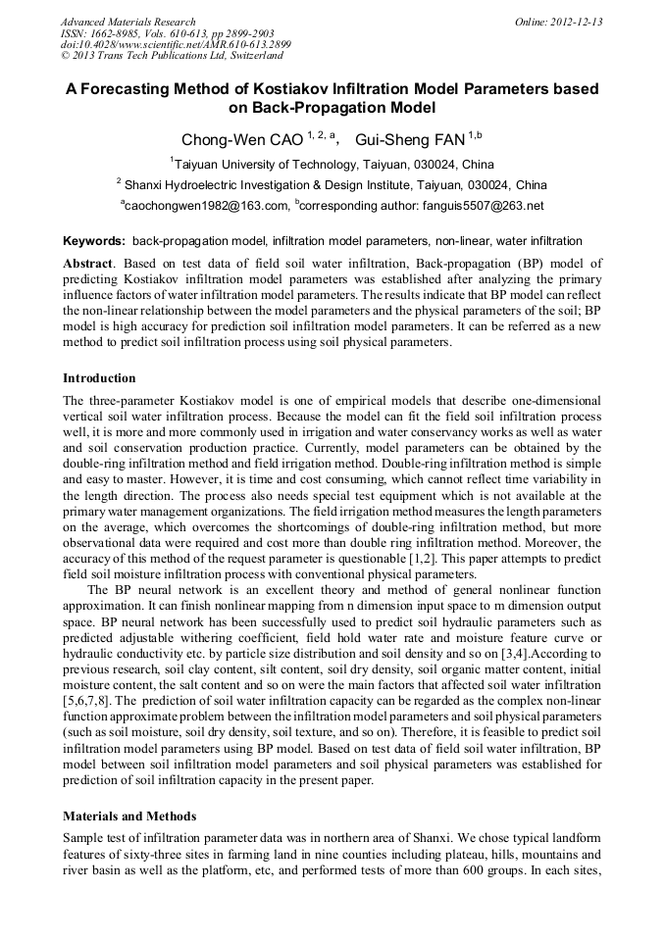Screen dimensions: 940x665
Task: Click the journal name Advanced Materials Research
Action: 128,22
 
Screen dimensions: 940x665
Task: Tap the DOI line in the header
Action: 176,45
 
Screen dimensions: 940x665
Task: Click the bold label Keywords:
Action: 94,241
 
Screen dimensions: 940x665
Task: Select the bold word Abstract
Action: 88,264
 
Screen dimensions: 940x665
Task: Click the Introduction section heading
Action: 99,378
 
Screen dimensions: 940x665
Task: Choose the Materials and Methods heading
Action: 129,816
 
